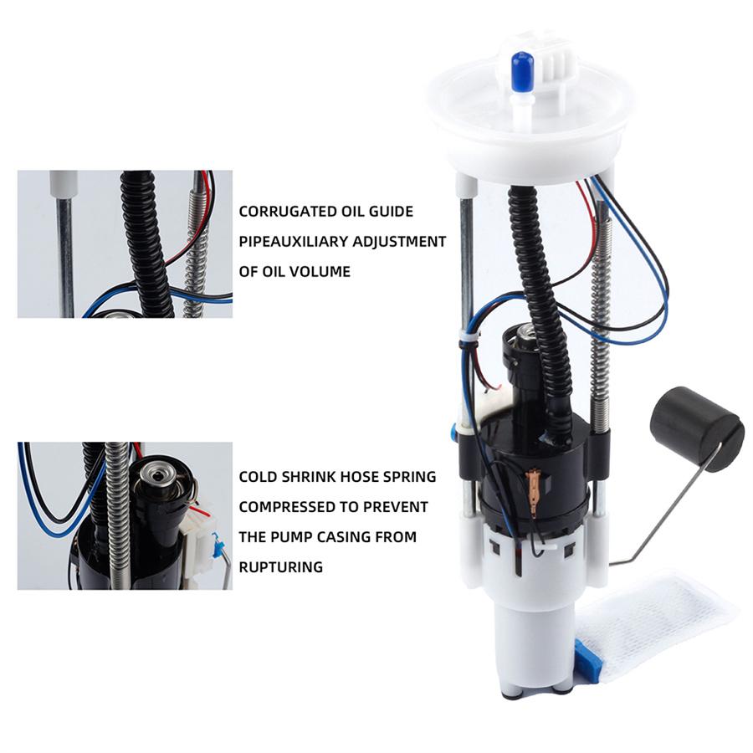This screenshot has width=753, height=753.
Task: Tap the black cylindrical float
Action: [696, 418]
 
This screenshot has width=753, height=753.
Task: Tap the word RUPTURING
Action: [281, 567]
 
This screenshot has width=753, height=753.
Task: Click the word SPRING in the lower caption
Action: [407, 477]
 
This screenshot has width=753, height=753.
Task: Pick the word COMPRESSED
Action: [290, 507]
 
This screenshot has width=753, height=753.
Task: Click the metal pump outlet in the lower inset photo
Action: [156, 475]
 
